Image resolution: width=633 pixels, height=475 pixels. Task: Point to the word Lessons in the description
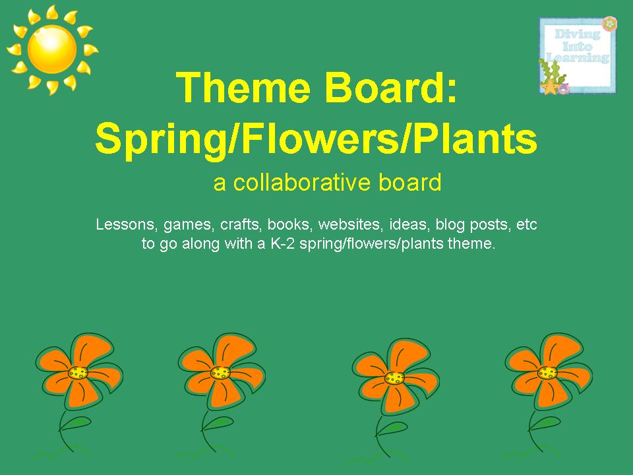(125, 225)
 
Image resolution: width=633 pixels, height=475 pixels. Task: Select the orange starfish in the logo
(549, 86)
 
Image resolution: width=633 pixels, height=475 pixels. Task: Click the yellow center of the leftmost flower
(78, 373)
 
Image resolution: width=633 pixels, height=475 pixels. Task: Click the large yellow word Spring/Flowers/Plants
(316, 139)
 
